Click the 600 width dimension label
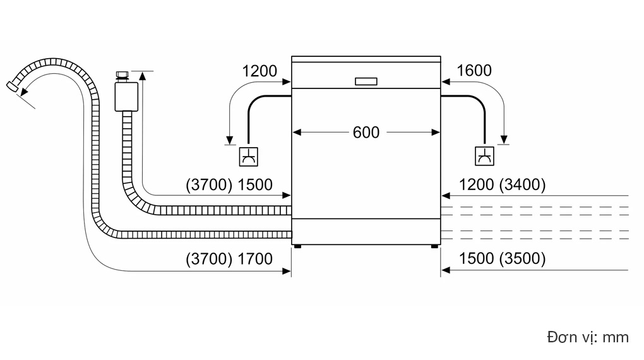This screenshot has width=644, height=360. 366,133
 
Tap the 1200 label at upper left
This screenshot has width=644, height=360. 259,71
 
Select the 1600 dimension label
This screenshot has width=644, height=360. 474,71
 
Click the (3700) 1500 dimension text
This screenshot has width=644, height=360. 229,184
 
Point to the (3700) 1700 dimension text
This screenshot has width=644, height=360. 229,259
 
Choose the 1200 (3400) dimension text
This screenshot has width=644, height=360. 502,184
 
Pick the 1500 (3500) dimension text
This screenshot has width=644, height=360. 502,258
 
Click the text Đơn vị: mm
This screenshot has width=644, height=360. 588,337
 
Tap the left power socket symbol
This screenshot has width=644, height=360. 249,157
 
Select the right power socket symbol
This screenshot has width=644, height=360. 484,156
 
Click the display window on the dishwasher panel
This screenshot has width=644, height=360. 366,81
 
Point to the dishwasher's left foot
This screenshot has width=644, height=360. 297,246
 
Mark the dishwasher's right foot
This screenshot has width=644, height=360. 434,246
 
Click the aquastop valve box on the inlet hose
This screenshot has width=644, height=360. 126,97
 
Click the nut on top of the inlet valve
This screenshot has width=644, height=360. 122,75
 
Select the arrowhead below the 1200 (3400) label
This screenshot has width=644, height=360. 446,196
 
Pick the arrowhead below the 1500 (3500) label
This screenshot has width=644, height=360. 446,270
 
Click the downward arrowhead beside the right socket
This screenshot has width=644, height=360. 504,140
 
